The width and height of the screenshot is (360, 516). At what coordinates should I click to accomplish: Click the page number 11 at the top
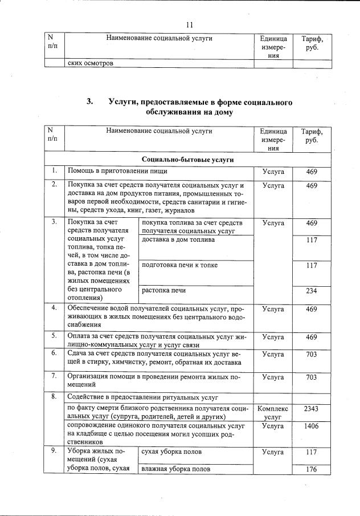click(x=190, y=25)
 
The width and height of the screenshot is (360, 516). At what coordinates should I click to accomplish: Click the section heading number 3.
click(x=89, y=102)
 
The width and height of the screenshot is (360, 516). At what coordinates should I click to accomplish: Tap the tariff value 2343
click(x=311, y=409)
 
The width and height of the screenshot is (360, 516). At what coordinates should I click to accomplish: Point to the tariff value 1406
click(x=311, y=426)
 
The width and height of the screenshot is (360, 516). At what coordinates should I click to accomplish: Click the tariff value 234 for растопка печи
click(x=311, y=290)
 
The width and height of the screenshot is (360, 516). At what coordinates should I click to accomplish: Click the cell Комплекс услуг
click(x=273, y=413)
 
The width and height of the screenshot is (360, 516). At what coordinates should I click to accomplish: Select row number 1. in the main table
click(x=54, y=170)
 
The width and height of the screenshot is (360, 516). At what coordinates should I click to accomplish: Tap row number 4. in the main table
click(x=54, y=308)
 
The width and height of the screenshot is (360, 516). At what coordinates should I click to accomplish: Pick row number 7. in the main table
click(x=54, y=376)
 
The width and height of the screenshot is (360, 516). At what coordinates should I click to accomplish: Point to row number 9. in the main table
click(x=54, y=452)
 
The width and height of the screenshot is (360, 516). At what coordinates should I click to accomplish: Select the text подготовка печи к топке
click(x=179, y=265)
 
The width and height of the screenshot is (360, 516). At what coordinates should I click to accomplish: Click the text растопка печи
click(x=164, y=290)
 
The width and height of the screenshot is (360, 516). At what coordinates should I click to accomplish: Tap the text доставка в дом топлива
click(x=178, y=239)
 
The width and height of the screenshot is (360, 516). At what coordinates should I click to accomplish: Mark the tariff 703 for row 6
click(x=311, y=354)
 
